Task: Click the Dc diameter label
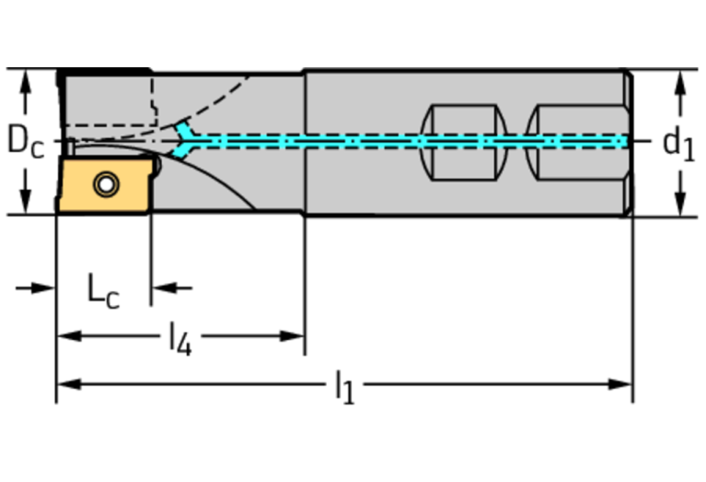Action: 25,141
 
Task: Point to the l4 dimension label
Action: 179,339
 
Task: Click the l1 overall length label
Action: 344,387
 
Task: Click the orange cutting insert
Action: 102,186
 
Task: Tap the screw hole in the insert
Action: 107,185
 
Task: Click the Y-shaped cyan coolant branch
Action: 189,140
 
